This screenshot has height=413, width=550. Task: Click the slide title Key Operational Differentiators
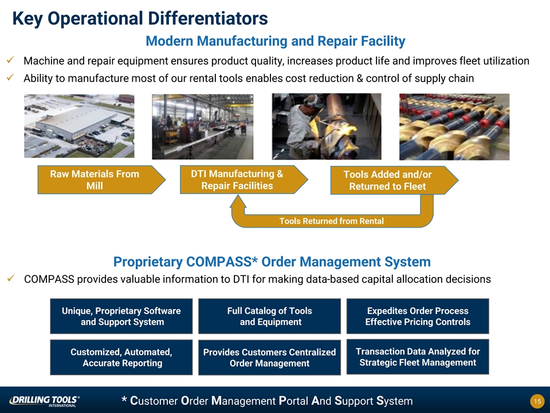coord(140,19)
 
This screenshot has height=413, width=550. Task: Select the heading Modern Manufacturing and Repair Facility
coord(275,41)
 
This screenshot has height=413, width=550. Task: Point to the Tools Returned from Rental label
coord(331,221)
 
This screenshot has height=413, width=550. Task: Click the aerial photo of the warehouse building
coord(79,126)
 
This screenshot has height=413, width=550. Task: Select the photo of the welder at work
coord(326,126)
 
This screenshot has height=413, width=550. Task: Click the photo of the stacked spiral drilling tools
coord(454,127)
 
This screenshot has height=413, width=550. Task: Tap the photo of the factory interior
coord(202,126)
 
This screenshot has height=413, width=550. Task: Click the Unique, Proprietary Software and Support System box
coord(121,316)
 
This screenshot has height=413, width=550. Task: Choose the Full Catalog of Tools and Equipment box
coord(269,316)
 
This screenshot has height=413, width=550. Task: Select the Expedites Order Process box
coord(418,316)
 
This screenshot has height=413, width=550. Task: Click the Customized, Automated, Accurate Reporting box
coord(121,357)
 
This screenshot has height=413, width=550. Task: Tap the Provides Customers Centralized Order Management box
coord(269,357)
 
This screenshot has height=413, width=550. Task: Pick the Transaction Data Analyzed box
coord(418,357)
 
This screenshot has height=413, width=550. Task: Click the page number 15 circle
coord(537,401)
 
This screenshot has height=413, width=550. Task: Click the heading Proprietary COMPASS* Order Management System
coord(272,262)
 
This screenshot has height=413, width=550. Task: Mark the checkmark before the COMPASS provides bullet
coord(10,279)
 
